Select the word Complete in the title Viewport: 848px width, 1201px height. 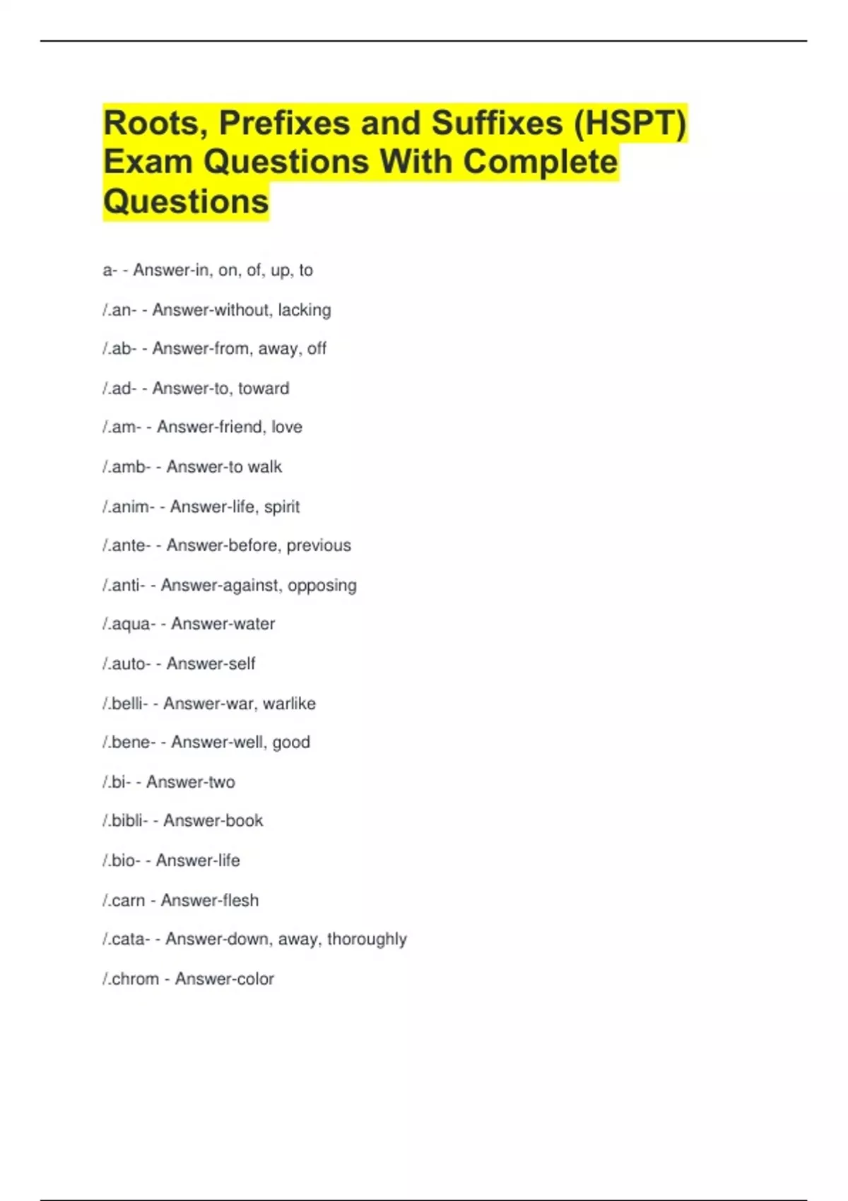541,162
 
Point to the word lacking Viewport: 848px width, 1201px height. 305,310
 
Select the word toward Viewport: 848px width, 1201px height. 264,389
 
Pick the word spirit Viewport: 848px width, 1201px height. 282,507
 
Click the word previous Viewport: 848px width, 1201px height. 319,545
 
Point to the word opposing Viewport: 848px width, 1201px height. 322,586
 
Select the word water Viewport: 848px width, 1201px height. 249,624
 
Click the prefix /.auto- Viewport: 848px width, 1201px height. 126,664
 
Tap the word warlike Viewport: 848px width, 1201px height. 289,704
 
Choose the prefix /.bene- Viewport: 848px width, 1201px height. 129,743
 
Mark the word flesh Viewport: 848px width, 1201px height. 239,901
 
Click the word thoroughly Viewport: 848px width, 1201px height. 367,940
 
